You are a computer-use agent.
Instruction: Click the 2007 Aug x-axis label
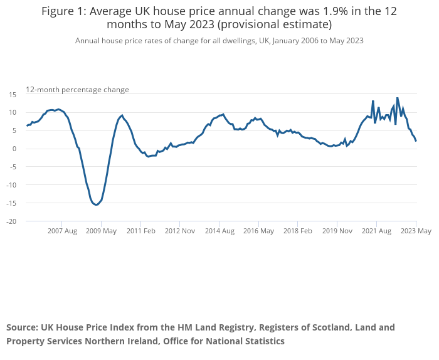(x=62, y=231)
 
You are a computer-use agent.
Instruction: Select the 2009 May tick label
(x=101, y=231)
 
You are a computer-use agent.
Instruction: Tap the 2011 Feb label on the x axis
(x=141, y=231)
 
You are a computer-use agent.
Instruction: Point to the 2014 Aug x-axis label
(x=219, y=231)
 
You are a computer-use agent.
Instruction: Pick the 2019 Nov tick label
(x=337, y=231)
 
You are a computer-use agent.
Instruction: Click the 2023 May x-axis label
(x=416, y=231)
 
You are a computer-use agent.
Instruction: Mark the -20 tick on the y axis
(x=11, y=221)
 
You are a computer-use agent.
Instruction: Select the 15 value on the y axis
(x=13, y=95)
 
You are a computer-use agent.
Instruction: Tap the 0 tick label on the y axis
(x=14, y=149)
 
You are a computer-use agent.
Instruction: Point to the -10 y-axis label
(x=11, y=185)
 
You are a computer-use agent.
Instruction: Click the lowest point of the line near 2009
(x=96, y=204)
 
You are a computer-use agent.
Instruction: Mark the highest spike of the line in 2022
(x=397, y=98)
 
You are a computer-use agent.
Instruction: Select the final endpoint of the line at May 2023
(x=416, y=141)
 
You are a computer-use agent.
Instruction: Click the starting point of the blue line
(x=27, y=125)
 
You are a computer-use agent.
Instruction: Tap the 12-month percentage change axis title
(x=77, y=90)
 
